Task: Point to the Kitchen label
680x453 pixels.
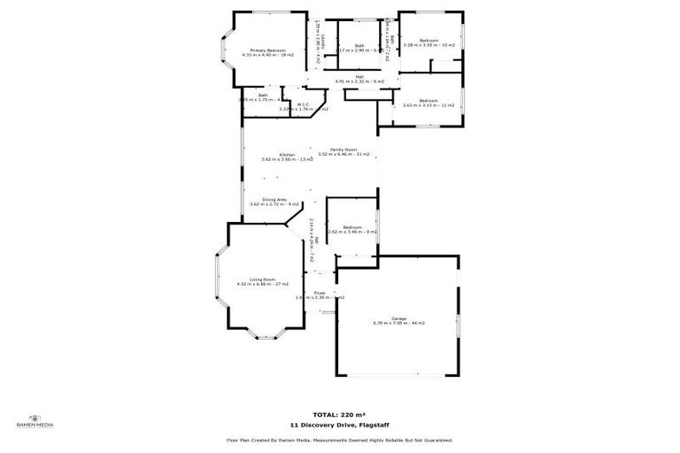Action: point(287,156)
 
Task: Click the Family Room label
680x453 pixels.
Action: point(344,150)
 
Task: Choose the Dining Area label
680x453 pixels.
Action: point(274,201)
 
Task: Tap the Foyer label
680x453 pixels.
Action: point(320,293)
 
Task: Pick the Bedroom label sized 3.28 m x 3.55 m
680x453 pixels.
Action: point(429,42)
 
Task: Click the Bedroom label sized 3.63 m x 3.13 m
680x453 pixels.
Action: point(429,102)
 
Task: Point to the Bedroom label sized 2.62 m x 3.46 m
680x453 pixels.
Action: point(352,228)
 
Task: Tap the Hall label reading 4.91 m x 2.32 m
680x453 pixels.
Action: point(359,79)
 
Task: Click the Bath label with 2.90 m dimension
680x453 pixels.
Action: point(359,48)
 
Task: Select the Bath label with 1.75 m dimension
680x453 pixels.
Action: point(262,96)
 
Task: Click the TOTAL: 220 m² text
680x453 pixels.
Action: point(340,414)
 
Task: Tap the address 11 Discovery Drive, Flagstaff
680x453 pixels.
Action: point(340,425)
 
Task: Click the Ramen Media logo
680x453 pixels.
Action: point(36,421)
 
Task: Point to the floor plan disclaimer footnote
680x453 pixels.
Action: point(340,440)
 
